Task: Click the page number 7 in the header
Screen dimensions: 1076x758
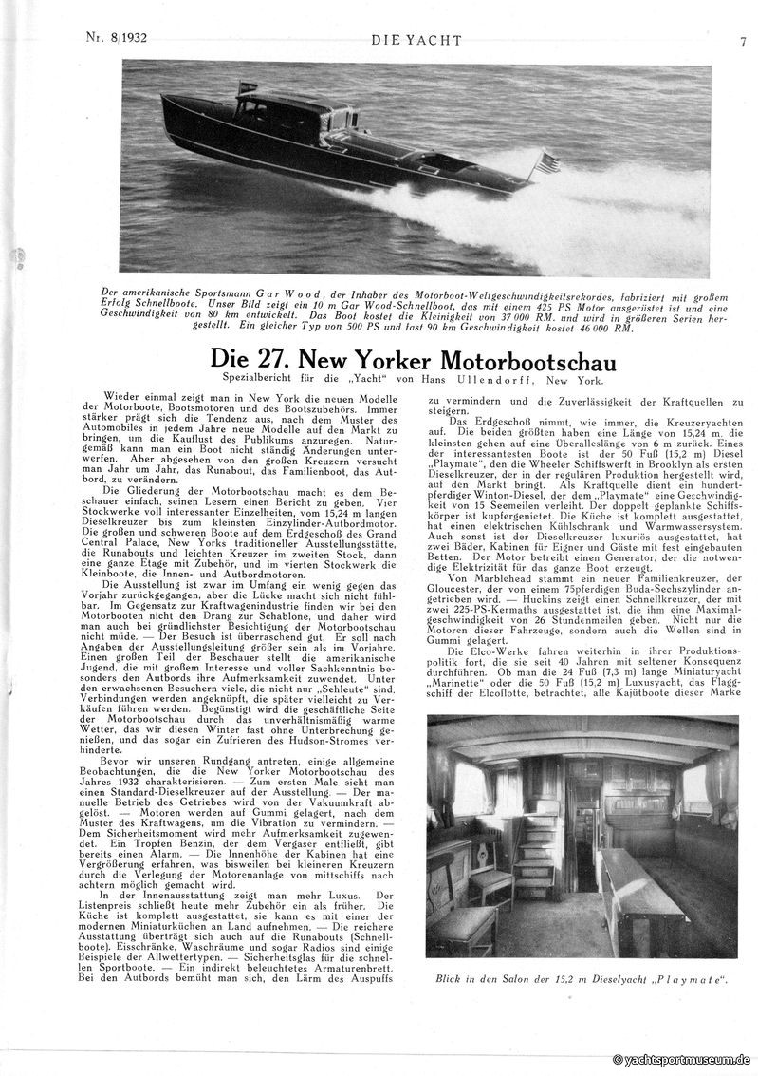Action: pos(743,41)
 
